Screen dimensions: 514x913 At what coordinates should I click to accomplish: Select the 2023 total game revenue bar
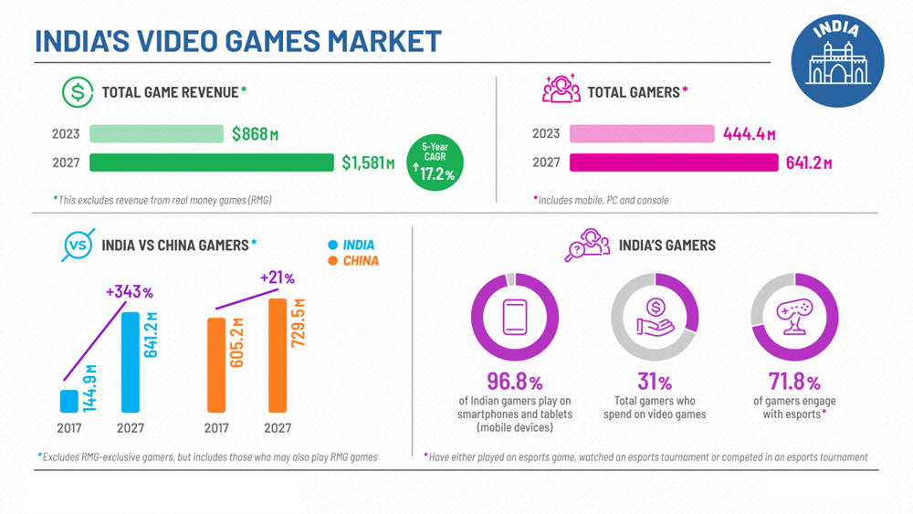(156, 133)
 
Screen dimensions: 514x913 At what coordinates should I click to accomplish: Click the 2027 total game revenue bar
(212, 163)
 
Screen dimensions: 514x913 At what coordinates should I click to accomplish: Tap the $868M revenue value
(255, 134)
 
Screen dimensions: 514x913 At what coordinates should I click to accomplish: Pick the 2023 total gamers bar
(641, 133)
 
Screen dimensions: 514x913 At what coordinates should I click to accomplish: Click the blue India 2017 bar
(69, 401)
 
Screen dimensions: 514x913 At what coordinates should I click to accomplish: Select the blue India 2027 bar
(131, 362)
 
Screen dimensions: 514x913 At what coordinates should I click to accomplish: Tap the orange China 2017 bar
(215, 364)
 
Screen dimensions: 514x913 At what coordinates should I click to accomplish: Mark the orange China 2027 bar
(278, 355)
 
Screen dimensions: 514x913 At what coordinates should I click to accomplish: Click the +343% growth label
(129, 292)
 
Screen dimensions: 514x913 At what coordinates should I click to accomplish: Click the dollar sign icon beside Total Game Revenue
(78, 92)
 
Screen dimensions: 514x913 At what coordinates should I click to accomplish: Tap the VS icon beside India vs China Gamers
(78, 245)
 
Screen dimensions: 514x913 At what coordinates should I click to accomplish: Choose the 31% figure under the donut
(654, 382)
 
